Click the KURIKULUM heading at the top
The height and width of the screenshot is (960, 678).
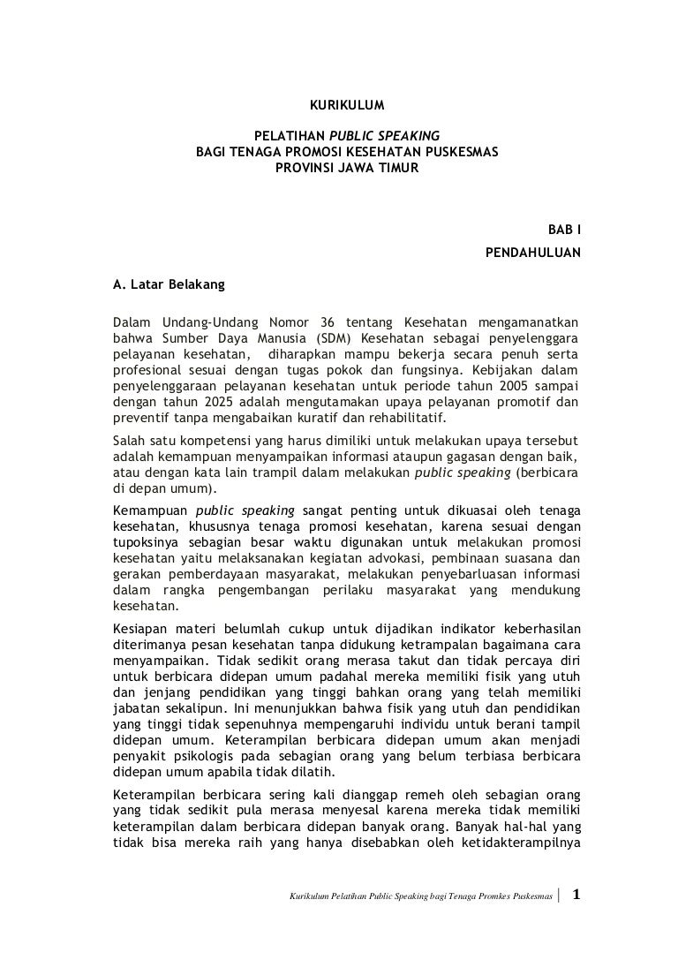pyautogui.click(x=347, y=106)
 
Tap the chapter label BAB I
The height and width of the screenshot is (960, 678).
pyautogui.click(x=565, y=230)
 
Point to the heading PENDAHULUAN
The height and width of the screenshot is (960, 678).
pyautogui.click(x=533, y=253)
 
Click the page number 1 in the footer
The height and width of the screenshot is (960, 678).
pyautogui.click(x=576, y=896)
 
